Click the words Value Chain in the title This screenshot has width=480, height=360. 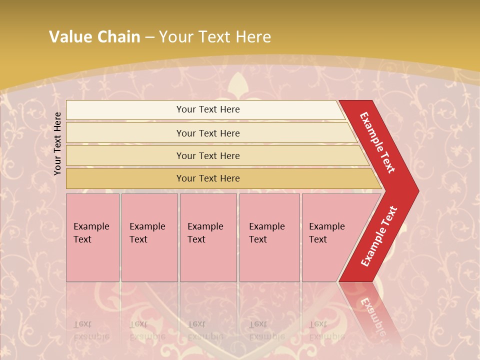pyautogui.click(x=94, y=37)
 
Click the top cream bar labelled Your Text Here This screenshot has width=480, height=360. pyautogui.click(x=208, y=109)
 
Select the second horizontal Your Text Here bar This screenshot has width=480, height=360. pyautogui.click(x=208, y=133)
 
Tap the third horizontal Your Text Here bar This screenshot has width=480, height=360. pyautogui.click(x=208, y=155)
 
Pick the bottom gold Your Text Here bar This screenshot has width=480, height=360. pyautogui.click(x=208, y=178)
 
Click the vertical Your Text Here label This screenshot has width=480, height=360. pyautogui.click(x=58, y=143)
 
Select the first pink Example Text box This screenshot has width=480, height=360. pyautogui.click(x=92, y=237)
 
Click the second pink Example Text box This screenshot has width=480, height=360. pyautogui.click(x=149, y=237)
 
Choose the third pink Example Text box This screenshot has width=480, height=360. pyautogui.click(x=207, y=237)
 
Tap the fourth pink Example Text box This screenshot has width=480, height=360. pyautogui.click(x=269, y=237)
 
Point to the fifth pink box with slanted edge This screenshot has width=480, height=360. pyautogui.click(x=330, y=237)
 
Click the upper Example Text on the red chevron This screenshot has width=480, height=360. pyautogui.click(x=377, y=142)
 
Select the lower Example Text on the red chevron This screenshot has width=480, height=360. pyautogui.click(x=378, y=236)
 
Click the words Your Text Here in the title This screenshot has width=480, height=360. pyautogui.click(x=215, y=37)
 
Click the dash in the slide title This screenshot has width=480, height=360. pyautogui.click(x=149, y=37)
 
